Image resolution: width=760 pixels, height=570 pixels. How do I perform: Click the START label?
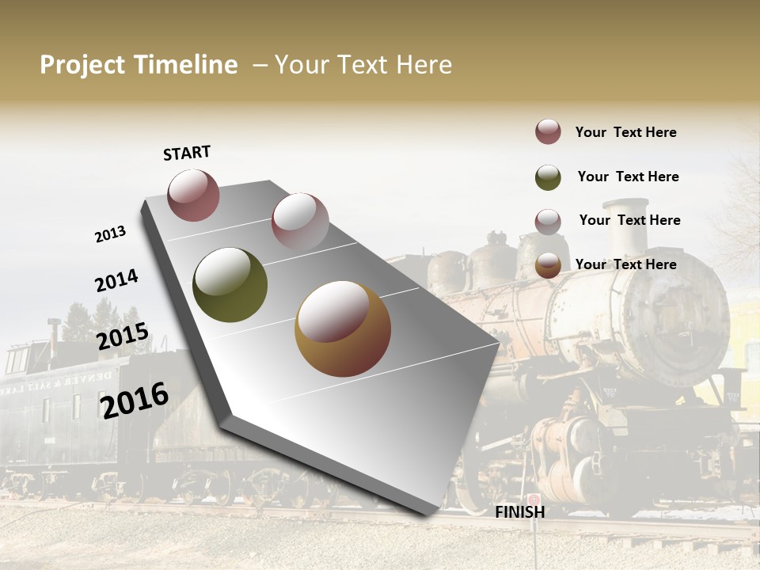(187, 153)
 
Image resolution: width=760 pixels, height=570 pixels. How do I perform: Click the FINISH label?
(519, 512)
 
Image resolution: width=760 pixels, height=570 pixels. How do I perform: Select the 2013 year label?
(110, 234)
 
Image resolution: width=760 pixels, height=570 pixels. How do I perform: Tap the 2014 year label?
(116, 281)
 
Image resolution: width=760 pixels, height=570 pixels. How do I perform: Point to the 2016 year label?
(135, 400)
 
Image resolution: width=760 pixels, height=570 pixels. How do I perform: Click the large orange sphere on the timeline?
(342, 328)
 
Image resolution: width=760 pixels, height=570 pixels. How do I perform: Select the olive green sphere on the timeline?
(230, 284)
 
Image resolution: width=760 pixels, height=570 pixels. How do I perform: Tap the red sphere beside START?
(193, 195)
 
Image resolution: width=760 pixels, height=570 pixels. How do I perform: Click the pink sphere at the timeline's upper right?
(299, 221)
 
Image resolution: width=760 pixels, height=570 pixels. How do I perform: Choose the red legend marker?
(548, 132)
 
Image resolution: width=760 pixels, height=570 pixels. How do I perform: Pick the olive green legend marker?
(548, 177)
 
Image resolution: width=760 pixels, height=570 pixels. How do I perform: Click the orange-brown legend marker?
(548, 266)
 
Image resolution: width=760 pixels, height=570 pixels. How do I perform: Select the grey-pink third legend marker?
(548, 222)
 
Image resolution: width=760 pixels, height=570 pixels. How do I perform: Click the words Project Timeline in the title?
(139, 65)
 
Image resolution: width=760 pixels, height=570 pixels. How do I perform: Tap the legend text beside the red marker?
(625, 132)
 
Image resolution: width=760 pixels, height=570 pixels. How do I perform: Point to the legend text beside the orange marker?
(625, 264)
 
